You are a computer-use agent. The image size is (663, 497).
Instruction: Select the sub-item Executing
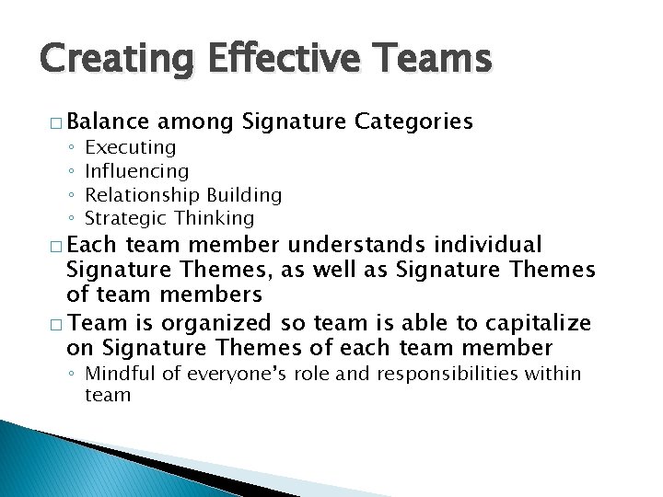[x=130, y=147]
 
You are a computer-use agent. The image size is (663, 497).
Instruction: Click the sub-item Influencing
[x=136, y=171]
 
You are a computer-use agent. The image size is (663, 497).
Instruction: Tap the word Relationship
[x=143, y=195]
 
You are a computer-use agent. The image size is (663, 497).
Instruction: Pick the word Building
[x=244, y=195]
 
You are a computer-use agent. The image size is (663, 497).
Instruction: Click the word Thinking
[x=214, y=218]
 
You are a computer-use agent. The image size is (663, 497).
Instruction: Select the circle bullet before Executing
[x=71, y=148]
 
